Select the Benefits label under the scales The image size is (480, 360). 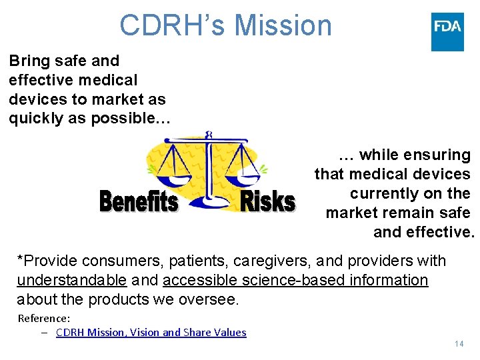[x=139, y=201]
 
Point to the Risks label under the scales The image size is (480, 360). [x=267, y=201]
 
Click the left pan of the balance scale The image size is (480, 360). [x=173, y=178]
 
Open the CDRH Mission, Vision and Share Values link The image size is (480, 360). [x=151, y=332]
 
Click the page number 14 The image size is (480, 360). [x=459, y=344]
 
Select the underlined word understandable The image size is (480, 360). [x=71, y=280]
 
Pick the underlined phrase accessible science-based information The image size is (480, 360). [x=295, y=280]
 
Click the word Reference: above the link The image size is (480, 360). [x=43, y=318]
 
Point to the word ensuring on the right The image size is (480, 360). [x=441, y=155]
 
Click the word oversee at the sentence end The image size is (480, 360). [x=208, y=299]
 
